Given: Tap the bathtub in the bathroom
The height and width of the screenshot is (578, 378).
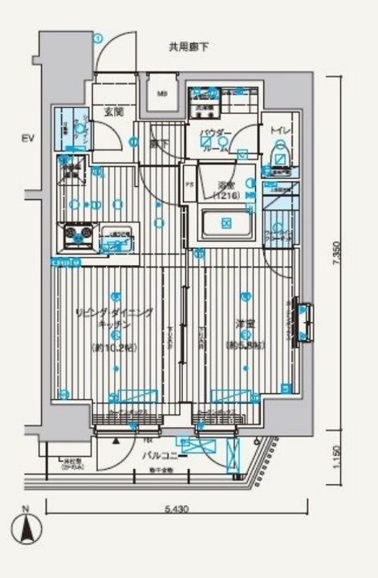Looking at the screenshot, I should pos(225,223).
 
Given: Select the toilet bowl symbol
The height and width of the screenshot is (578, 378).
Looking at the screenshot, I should pos(280,153).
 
